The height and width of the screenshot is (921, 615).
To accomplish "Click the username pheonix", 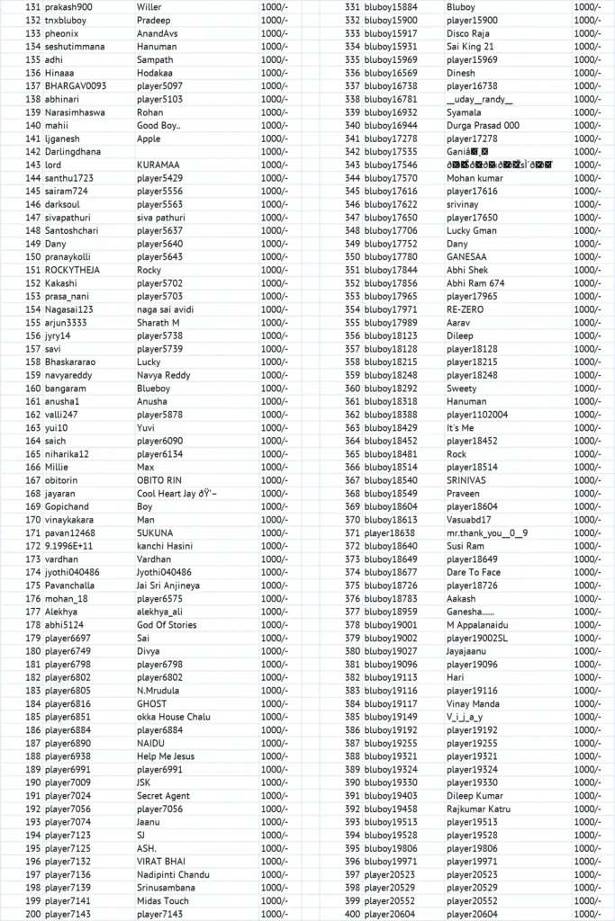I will (62, 33).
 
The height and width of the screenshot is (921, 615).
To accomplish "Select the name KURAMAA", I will (158, 165).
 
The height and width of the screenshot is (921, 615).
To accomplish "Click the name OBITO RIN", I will (159, 480).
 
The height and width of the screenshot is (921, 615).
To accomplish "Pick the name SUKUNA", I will (156, 532).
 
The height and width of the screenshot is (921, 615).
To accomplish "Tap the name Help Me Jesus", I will (166, 756).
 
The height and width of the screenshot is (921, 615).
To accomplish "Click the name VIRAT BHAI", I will (161, 862).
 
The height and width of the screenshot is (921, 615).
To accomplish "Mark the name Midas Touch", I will (163, 901).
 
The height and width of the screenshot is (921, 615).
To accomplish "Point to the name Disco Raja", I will (468, 33).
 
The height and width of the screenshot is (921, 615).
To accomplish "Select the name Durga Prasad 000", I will (483, 126).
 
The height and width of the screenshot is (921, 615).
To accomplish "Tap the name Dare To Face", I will (474, 572).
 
